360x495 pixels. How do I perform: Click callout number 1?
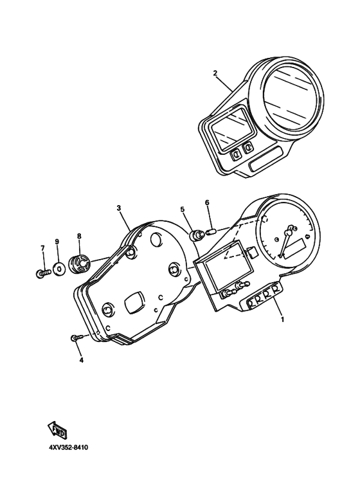point(282,319)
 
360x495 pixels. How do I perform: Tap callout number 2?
point(215,73)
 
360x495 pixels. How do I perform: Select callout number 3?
point(119,208)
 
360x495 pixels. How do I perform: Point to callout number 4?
point(81,360)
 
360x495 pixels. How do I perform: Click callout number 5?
point(182,209)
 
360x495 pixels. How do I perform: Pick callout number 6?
point(207,202)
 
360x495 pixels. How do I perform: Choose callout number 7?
point(43,248)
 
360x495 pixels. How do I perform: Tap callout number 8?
point(79,236)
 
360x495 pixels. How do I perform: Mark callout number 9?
point(57,242)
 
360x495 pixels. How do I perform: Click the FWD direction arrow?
point(57,430)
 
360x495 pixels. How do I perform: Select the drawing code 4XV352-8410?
point(67,447)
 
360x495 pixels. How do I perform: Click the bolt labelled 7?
point(43,273)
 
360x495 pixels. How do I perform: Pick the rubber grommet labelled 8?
point(80,262)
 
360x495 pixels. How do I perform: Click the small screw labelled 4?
point(76,337)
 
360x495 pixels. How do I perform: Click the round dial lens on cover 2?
point(291,98)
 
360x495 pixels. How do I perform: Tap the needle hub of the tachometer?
point(288,233)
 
